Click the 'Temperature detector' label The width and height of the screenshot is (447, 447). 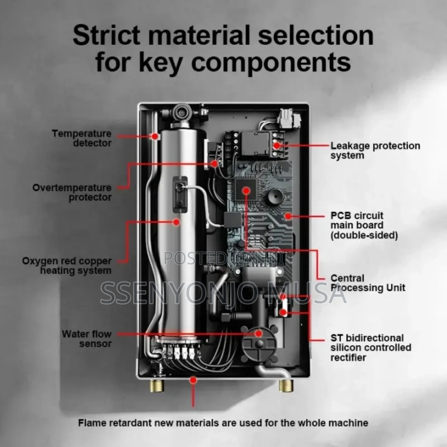pos(82,138)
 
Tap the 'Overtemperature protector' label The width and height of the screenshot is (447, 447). pos(72,192)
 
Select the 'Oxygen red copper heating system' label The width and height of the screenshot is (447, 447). pos(67,266)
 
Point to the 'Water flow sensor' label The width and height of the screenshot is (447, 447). pos(87,339)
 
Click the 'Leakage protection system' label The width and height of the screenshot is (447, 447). pos(375,150)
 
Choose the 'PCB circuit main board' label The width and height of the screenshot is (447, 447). pos(364,225)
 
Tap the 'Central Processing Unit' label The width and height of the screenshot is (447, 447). pos(368,283)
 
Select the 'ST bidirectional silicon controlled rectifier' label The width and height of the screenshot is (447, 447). pos(371,348)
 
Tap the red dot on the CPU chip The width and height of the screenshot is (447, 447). pos(246,191)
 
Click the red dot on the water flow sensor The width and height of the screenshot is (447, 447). pos(259,333)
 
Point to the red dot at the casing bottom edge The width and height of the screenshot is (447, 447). pos(193,380)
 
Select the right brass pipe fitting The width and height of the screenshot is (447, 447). pos(286,386)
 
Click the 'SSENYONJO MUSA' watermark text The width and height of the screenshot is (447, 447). pos(223,293)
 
